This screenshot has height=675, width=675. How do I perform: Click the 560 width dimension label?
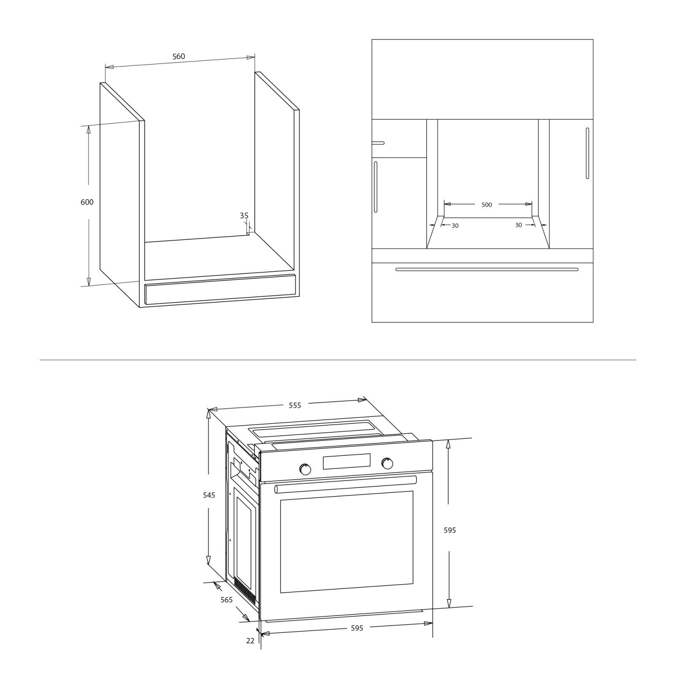[x=178, y=57]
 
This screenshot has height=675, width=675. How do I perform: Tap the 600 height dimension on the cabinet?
[x=87, y=202]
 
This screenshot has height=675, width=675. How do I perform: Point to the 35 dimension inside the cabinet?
[x=244, y=216]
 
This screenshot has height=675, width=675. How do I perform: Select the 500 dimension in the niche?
[x=486, y=205]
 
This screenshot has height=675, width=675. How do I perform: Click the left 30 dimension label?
[x=455, y=226]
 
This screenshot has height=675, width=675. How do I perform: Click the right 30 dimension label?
[x=518, y=225]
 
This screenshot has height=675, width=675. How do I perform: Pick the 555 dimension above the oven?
[x=295, y=405]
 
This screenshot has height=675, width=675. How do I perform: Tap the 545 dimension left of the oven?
[x=209, y=495]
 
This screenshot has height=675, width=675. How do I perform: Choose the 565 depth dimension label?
[x=227, y=599]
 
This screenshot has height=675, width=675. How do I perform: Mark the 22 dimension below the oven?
[x=250, y=640]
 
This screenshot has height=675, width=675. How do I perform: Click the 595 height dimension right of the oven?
[x=450, y=530]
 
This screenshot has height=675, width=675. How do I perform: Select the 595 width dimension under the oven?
[x=357, y=628]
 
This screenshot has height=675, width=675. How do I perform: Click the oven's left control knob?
[x=305, y=469]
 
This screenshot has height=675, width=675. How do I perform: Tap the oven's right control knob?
[x=387, y=463]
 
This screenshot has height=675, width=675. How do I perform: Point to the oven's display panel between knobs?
[x=347, y=462]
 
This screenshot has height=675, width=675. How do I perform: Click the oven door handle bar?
[x=346, y=484]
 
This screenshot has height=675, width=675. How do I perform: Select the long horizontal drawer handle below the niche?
[x=487, y=269]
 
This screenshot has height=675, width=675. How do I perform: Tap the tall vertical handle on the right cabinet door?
[x=587, y=153]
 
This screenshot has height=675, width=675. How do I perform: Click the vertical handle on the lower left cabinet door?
[x=375, y=187]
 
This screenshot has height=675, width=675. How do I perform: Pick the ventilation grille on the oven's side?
[x=245, y=590]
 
